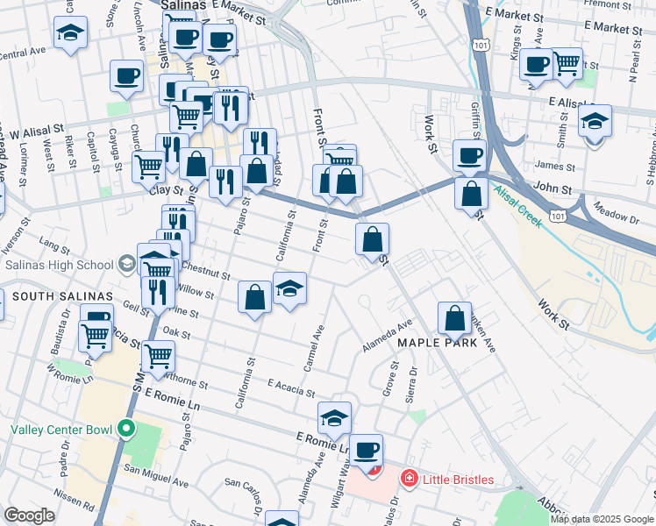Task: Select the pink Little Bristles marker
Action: point(408,479)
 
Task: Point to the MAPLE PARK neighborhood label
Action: point(438,343)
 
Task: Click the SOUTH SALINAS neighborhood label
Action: point(51,297)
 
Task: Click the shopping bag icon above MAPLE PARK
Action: point(455,319)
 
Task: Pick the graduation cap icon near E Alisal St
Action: point(595,123)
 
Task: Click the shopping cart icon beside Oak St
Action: point(158,356)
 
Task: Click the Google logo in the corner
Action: point(29,515)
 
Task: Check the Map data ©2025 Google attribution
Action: point(602,519)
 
